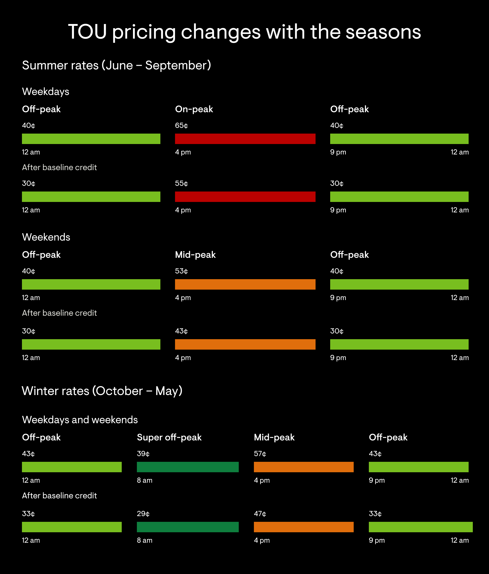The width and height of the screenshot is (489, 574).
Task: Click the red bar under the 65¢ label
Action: pyautogui.click(x=245, y=139)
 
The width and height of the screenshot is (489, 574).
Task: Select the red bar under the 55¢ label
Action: pyautogui.click(x=245, y=196)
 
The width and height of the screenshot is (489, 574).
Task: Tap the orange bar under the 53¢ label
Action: pyautogui.click(x=245, y=284)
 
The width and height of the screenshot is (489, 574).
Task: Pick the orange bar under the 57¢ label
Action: pyautogui.click(x=304, y=467)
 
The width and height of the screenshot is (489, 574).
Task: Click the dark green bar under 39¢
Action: pyautogui.click(x=188, y=467)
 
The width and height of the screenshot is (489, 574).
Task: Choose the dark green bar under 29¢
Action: pyautogui.click(x=188, y=527)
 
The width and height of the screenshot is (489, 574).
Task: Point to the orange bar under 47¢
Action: pyautogui.click(x=304, y=527)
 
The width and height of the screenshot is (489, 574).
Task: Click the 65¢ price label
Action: pyautogui.click(x=181, y=125)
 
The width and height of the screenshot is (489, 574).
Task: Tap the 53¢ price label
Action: pyautogui.click(x=181, y=271)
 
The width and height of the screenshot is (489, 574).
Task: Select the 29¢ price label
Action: pyautogui.click(x=143, y=514)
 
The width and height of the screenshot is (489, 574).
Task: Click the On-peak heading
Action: pyautogui.click(x=194, y=109)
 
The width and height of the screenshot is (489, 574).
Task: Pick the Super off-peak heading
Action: pyautogui.click(x=169, y=437)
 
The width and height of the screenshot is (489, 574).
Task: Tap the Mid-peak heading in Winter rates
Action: pyautogui.click(x=274, y=437)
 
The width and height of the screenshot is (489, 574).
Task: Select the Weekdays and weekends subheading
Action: pyautogui.click(x=80, y=420)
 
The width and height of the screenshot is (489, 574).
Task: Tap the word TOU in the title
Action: pyautogui.click(x=88, y=32)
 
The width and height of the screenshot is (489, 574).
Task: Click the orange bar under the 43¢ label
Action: pyautogui.click(x=245, y=344)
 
